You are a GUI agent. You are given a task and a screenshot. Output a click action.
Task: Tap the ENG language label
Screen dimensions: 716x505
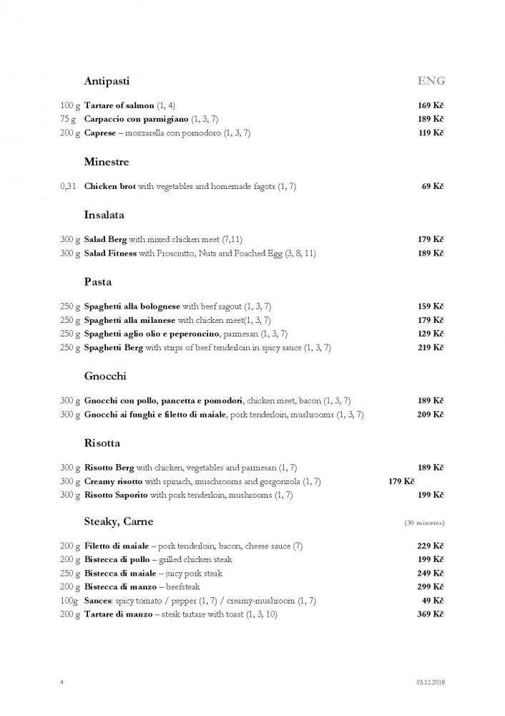pos(431,81)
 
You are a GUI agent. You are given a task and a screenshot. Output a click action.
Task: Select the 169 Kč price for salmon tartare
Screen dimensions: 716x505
pos(431,106)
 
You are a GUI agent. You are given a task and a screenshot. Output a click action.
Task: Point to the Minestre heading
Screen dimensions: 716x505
pos(107,163)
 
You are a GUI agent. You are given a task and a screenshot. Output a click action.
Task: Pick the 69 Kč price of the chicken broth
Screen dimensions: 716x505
pos(433,187)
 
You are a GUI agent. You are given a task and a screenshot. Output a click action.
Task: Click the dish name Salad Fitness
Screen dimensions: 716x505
pos(112,253)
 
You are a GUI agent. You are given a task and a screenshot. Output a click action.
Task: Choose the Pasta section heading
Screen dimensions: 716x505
pos(97,282)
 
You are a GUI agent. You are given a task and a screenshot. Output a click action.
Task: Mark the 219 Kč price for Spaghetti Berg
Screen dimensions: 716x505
pos(431,348)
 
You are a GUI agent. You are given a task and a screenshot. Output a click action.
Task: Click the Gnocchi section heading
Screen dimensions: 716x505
pos(105,376)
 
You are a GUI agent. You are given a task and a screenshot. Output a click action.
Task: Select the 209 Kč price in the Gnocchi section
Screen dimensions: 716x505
pos(431,415)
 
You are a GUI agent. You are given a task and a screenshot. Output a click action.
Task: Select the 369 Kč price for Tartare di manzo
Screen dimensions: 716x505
pos(431,614)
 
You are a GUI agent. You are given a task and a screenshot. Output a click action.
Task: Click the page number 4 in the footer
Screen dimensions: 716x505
pos(62,682)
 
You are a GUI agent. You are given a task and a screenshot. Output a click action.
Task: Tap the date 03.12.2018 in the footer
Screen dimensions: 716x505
pos(430,682)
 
